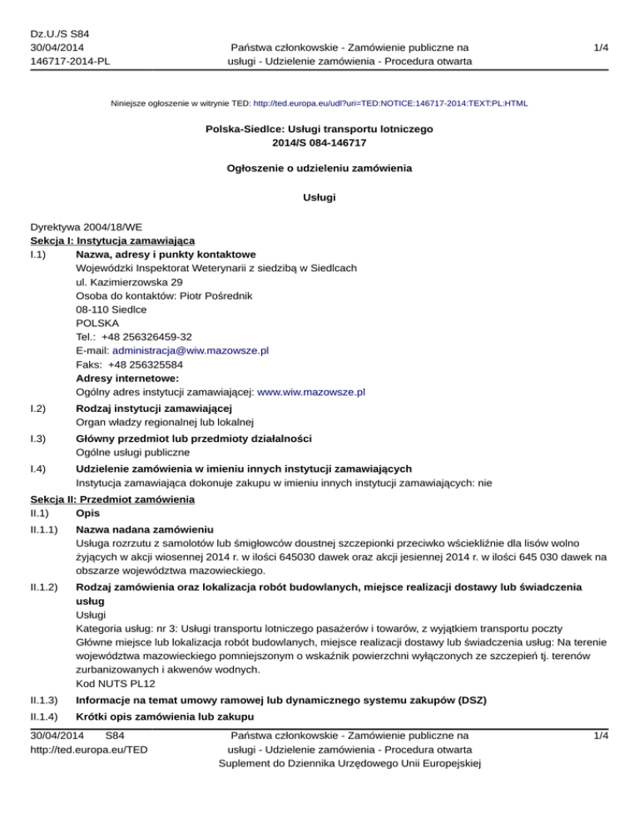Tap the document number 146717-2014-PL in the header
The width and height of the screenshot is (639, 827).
(x=69, y=61)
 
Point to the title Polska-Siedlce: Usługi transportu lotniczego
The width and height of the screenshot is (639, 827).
(x=319, y=129)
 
